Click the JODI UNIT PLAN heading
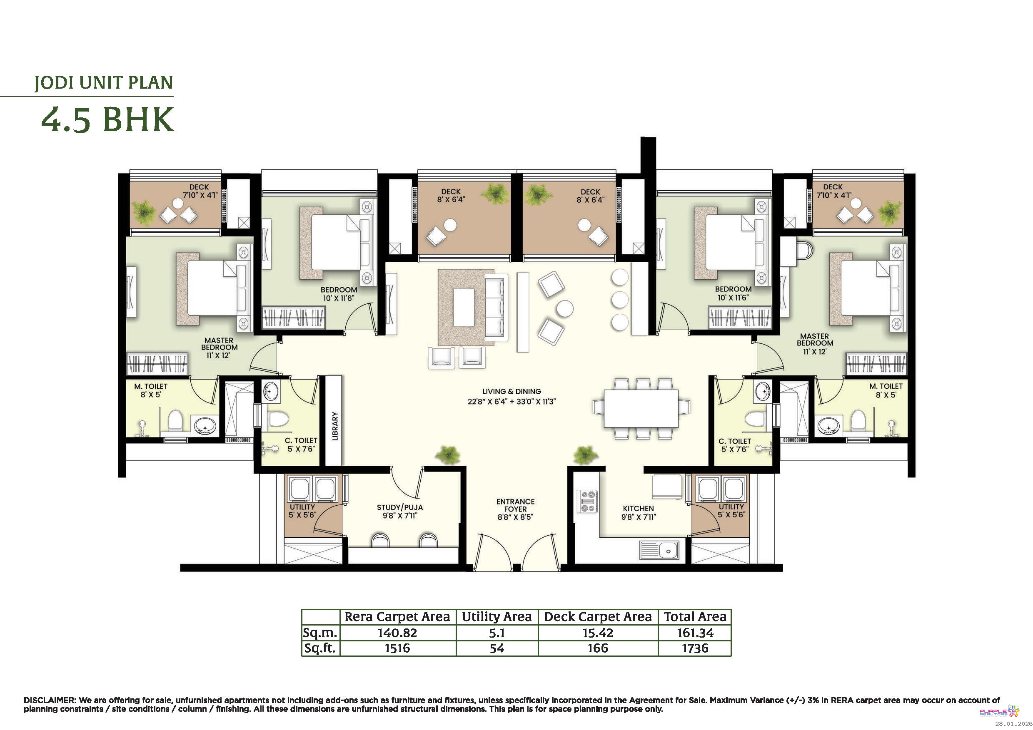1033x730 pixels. [x=104, y=83]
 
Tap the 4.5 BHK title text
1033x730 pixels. [x=107, y=119]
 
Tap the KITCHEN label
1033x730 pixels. [x=639, y=509]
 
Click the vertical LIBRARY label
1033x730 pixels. [x=335, y=426]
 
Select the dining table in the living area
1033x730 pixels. [x=641, y=409]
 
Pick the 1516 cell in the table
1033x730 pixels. [x=397, y=648]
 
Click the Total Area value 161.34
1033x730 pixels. [x=695, y=633]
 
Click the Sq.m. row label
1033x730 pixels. [x=320, y=633]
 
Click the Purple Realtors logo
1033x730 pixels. [x=999, y=712]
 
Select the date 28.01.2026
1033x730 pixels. [x=1013, y=724]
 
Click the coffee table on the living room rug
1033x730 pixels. [x=464, y=308]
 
